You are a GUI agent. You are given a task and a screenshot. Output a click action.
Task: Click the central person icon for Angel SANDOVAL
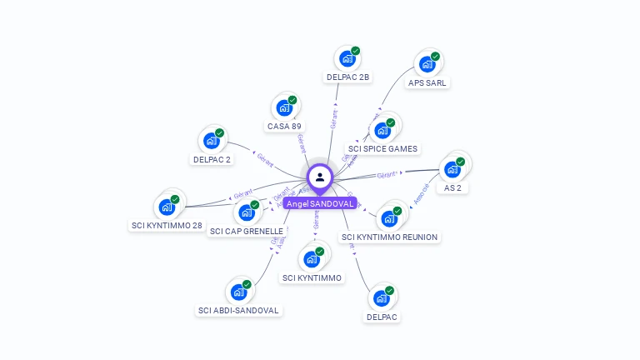coord(320,177)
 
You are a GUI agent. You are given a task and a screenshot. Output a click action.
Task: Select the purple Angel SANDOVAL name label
coord(320,203)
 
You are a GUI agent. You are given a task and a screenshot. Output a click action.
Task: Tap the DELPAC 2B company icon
coord(346,60)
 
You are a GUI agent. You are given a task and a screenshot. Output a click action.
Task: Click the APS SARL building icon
coord(427,65)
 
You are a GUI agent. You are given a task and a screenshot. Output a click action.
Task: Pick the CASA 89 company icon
coord(284,108)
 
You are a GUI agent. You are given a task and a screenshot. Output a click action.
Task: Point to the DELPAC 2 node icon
coord(212,141)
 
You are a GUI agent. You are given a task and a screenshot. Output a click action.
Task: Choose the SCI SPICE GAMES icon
coord(382,131)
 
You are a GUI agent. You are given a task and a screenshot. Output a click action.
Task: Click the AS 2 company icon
coord(452,169)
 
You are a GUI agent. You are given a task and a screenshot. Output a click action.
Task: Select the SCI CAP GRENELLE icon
coord(247,212)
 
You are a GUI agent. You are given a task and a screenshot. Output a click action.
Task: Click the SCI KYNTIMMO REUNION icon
coord(388,219)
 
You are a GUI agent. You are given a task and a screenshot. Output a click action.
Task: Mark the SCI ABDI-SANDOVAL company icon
coord(238,292)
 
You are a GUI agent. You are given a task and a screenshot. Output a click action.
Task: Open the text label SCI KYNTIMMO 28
coord(167,226)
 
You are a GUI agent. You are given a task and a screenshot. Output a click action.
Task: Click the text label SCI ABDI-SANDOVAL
coord(239,311)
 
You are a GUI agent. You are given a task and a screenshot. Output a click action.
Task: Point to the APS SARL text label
coord(427,83)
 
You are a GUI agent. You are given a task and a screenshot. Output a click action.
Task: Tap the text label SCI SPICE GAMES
coord(383,149)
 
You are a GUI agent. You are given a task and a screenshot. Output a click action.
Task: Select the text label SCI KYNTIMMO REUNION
coord(389,237)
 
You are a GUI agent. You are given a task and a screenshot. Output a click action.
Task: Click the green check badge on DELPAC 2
coord(220,132)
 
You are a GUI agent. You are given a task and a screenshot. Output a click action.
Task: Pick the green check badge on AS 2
coord(461,161)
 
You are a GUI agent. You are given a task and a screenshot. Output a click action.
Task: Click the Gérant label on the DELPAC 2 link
coord(266,159)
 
